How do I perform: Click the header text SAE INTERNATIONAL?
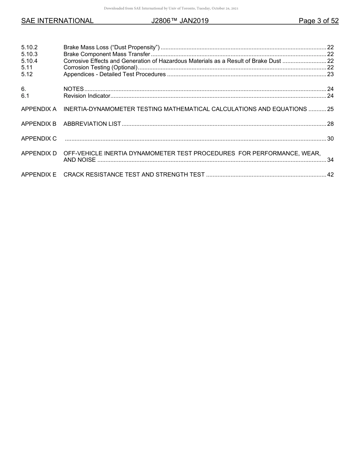click(57, 21)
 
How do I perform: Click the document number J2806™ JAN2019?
click(180, 21)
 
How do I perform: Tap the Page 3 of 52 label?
click(318, 21)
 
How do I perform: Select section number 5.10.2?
click(29, 47)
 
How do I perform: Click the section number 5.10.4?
click(29, 61)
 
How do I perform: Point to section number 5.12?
click(27, 74)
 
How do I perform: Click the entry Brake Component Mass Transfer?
click(107, 54)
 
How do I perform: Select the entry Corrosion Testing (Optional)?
click(100, 67)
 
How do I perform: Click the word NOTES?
click(74, 89)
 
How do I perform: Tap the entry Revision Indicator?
click(87, 96)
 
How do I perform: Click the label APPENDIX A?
click(39, 109)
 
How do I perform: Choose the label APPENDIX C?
click(39, 139)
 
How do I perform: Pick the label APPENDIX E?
click(39, 175)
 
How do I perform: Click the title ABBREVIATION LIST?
click(92, 124)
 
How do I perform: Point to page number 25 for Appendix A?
click(330, 109)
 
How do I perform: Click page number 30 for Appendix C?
click(330, 139)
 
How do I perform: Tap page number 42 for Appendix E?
click(330, 175)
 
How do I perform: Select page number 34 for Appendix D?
click(330, 160)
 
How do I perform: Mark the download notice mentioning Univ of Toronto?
click(171, 8)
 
